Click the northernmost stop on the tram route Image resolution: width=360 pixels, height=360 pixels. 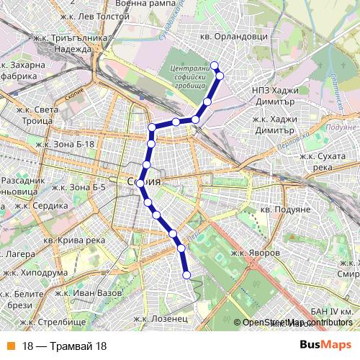point(215,66)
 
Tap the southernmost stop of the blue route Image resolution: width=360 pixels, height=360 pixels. point(186,274)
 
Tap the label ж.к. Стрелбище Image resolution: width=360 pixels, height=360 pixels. point(53,321)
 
